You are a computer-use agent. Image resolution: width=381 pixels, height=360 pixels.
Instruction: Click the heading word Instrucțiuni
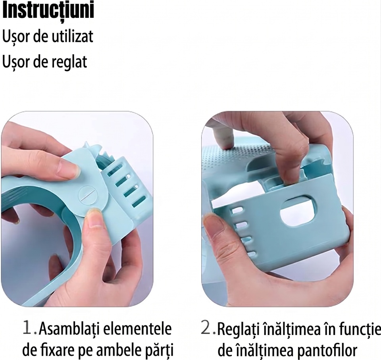pos(48,11)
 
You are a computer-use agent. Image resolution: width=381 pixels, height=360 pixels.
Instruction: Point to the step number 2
pos(206,328)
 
